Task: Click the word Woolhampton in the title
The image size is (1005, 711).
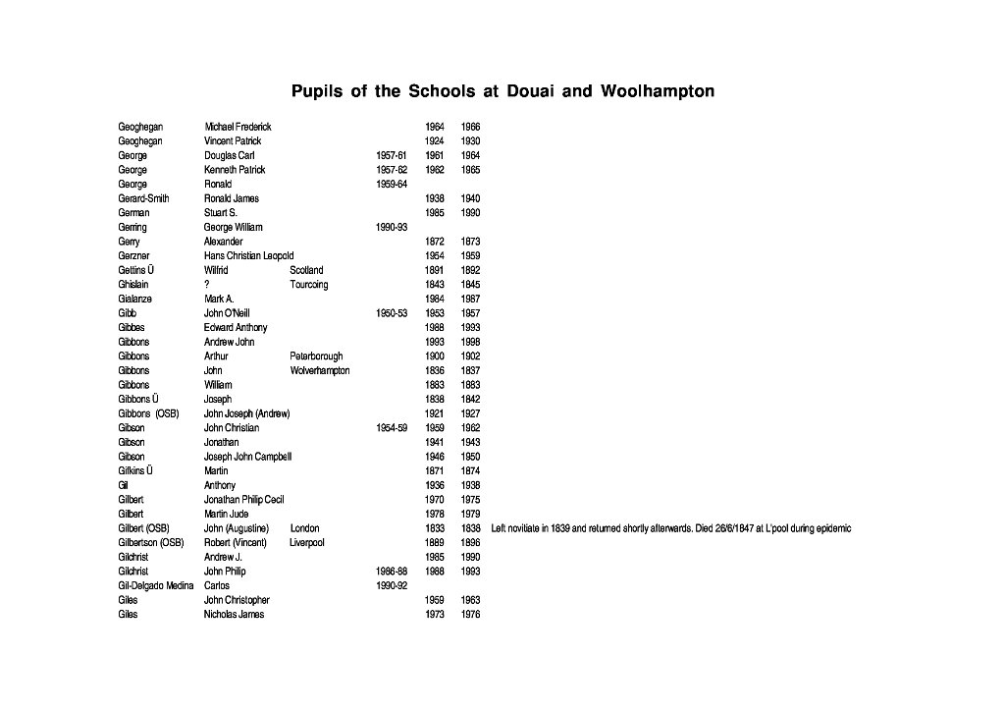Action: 659,92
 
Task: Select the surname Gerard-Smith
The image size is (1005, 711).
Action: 143,198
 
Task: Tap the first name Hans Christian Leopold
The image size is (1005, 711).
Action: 248,255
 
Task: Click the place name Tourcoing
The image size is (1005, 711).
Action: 309,285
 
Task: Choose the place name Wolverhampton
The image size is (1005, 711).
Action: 320,370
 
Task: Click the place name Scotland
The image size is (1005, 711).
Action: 306,270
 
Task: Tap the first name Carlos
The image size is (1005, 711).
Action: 217,585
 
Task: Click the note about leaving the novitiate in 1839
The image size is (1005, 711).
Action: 671,528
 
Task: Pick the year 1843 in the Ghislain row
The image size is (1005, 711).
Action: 435,285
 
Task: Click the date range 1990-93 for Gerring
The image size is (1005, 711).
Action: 392,227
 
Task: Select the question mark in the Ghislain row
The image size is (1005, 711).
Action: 207,285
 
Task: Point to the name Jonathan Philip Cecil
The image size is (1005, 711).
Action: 243,500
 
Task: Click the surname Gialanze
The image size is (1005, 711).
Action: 135,299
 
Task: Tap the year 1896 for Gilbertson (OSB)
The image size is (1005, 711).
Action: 470,542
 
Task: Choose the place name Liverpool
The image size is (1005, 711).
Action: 307,542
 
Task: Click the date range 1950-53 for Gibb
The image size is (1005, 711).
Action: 392,313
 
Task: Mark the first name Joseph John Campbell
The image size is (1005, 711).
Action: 247,457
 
